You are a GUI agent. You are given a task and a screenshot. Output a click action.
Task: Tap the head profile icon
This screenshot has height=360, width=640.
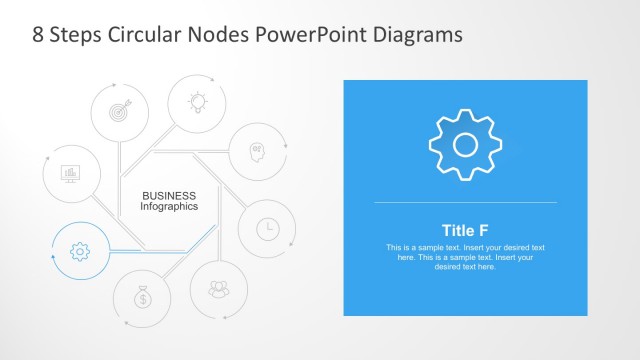257,152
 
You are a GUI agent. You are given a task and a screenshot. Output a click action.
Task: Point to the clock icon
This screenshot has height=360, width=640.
267,228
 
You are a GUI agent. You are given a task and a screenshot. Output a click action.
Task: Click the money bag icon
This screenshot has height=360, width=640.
143,297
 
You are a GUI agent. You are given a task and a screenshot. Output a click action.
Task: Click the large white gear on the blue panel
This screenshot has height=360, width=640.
465,145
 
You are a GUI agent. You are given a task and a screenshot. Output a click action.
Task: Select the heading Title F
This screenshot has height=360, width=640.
465,229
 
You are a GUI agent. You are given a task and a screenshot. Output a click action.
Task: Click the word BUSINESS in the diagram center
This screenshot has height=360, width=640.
169,195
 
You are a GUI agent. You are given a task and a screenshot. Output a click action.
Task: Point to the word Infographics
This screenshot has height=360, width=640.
169,206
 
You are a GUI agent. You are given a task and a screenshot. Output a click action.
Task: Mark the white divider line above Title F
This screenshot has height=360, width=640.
465,203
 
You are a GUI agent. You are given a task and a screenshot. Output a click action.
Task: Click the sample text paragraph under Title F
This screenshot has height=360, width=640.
465,257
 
